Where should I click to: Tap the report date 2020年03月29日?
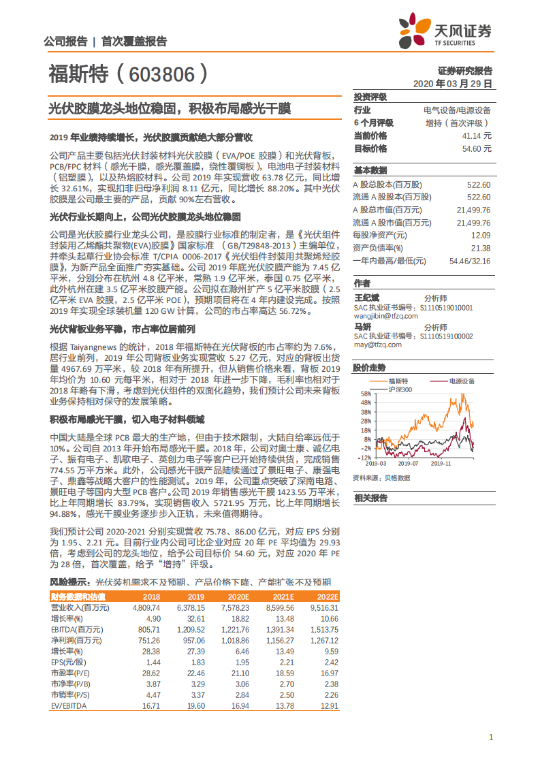point(453,84)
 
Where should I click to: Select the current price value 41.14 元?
point(477,136)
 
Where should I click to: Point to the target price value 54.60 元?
point(477,148)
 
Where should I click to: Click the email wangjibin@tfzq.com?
point(385,316)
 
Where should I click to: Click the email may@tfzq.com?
point(377,345)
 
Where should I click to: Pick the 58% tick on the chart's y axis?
point(366,394)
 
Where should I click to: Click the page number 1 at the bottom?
point(491,737)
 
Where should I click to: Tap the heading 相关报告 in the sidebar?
point(370,498)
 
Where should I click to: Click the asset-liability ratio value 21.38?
point(481,248)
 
